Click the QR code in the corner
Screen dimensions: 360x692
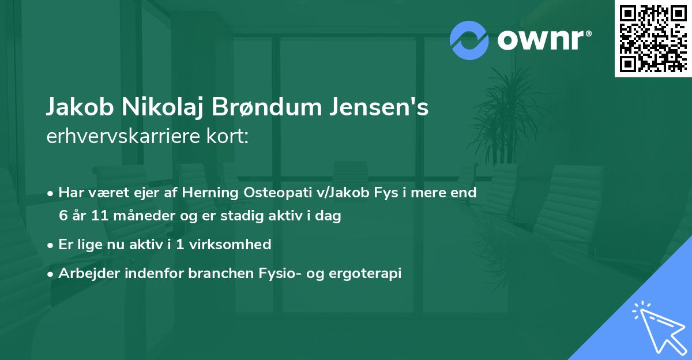pos(653,39)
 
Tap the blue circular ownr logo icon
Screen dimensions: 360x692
pos(469,40)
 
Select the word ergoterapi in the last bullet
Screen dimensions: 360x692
pos(366,273)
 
